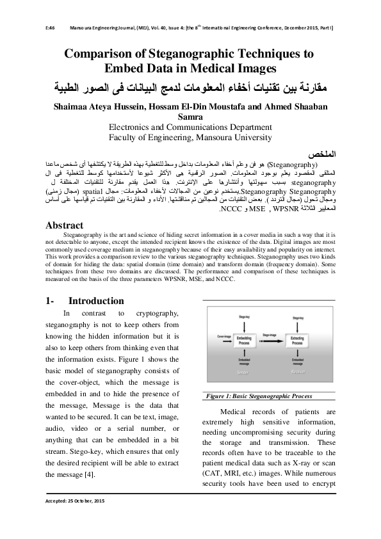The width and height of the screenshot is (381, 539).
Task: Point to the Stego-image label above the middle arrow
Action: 270,333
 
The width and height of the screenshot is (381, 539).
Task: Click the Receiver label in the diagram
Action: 296,371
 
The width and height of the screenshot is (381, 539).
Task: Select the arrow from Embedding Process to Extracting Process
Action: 270,339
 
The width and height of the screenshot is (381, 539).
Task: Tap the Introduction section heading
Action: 96,301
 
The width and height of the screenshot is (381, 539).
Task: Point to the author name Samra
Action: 190,118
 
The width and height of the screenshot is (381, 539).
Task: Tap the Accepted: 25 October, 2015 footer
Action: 74,500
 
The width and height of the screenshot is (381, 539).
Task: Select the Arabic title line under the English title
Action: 190,87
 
